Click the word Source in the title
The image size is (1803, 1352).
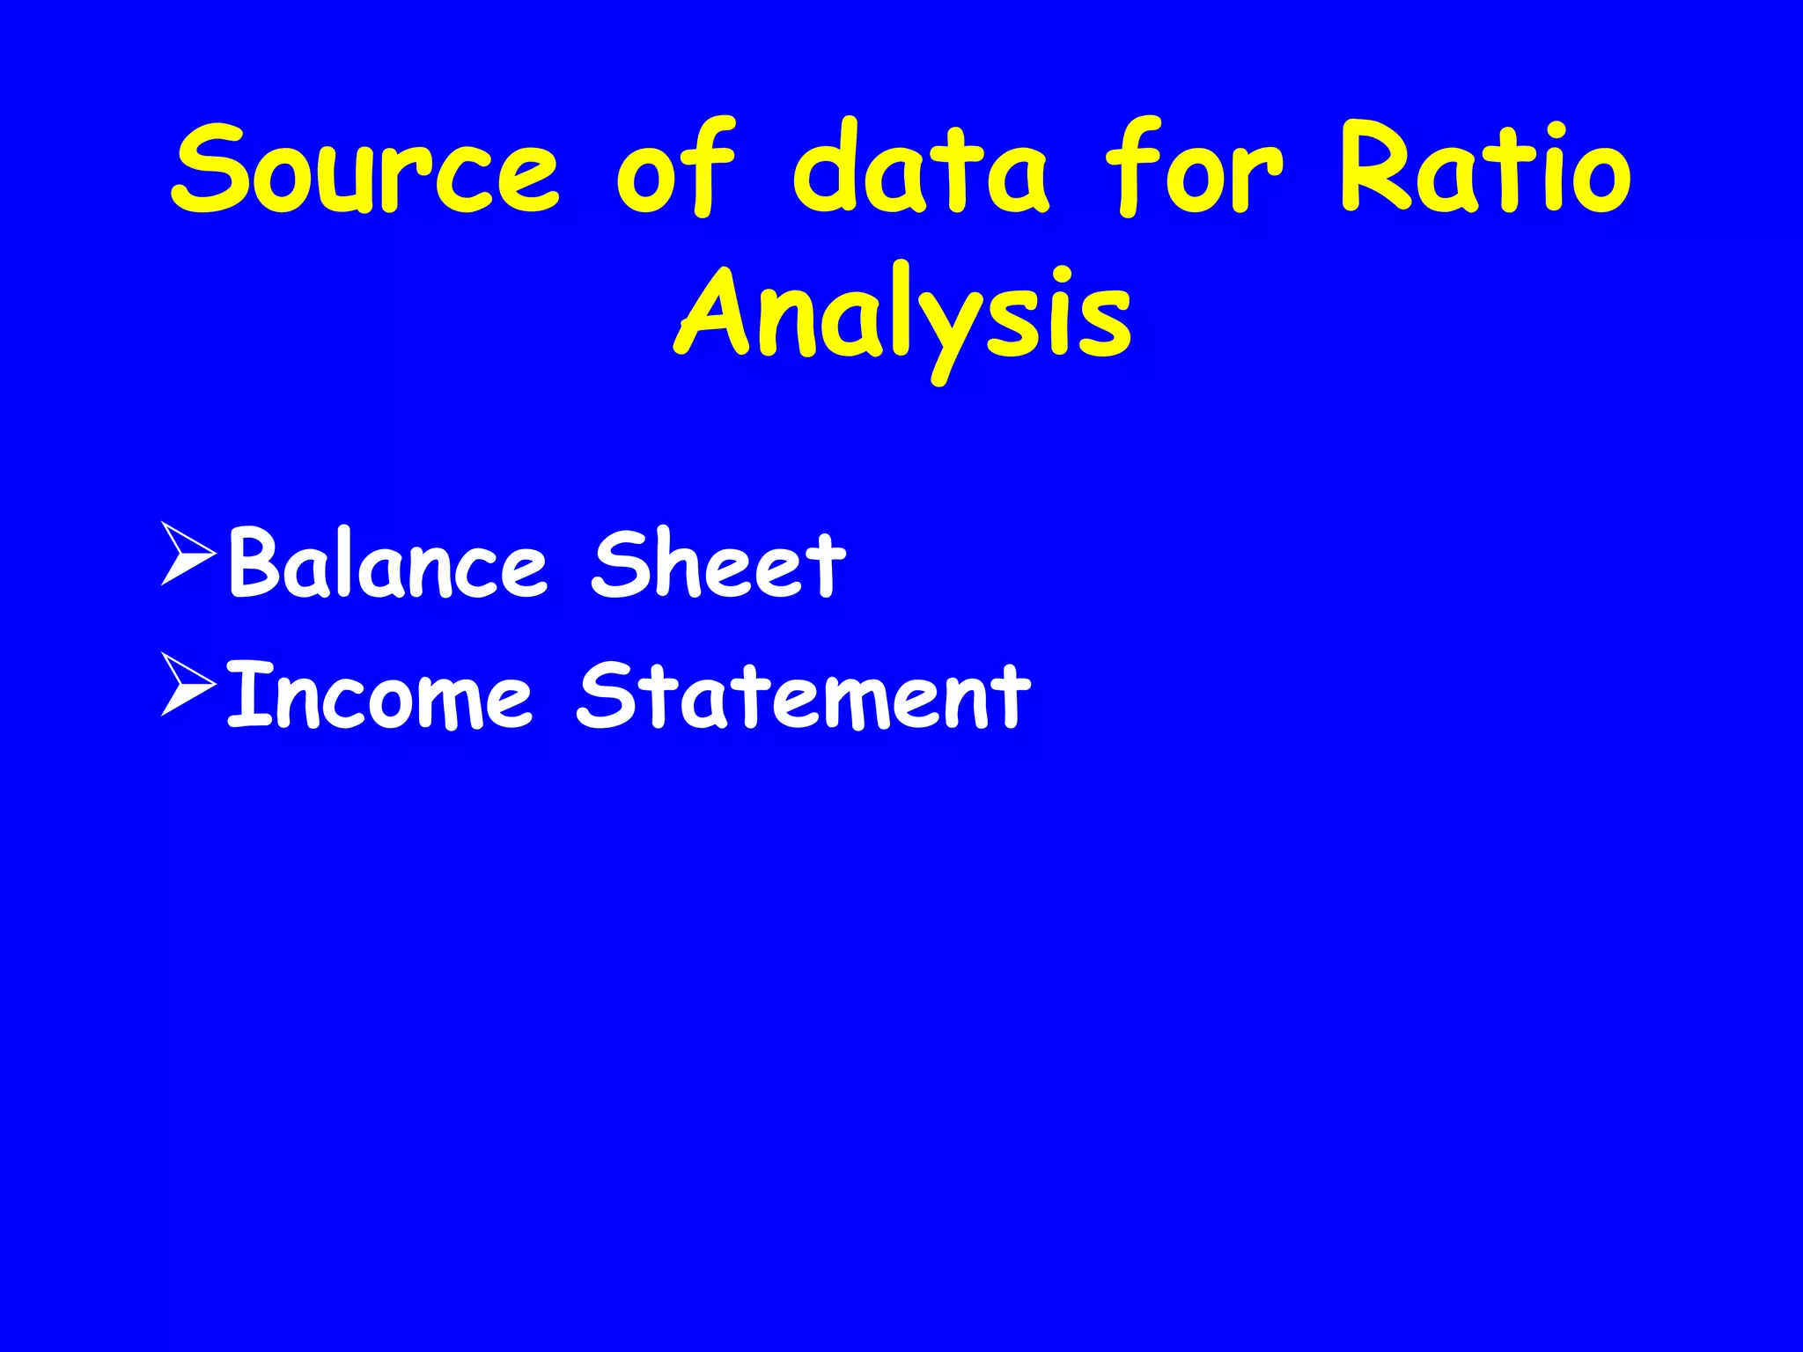click(x=365, y=169)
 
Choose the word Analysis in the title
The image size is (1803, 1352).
click(x=903, y=315)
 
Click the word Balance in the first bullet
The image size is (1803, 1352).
click(x=387, y=564)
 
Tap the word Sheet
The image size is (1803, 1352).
click(x=718, y=564)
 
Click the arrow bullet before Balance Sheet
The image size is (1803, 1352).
click(x=188, y=554)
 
